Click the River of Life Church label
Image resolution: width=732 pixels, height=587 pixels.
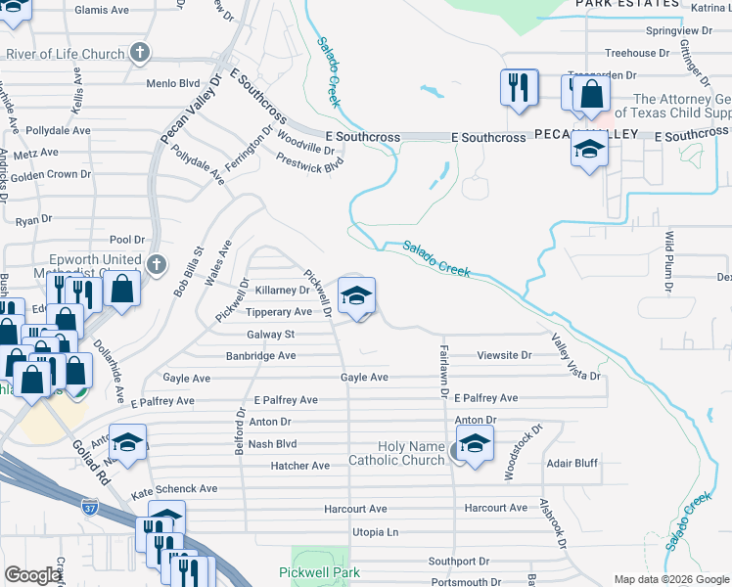(x=65, y=55)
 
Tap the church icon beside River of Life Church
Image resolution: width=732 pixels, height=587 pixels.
(x=140, y=53)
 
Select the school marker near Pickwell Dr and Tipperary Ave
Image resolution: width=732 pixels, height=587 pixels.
(x=356, y=295)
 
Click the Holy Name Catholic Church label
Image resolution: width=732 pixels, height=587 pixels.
(x=397, y=454)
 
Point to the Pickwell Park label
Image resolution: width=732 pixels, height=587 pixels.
(x=320, y=572)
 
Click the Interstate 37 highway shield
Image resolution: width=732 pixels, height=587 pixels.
(x=90, y=507)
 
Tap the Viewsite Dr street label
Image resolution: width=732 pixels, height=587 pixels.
(x=505, y=356)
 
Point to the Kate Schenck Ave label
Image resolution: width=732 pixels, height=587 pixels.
(x=174, y=488)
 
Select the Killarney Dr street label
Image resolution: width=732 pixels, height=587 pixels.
(x=282, y=291)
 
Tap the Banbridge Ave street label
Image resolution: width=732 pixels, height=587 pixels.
(x=260, y=356)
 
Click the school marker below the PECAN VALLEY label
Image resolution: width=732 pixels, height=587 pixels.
(x=589, y=151)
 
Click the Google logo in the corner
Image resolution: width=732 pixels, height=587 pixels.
(x=33, y=575)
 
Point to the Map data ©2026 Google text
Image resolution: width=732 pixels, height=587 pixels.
(x=670, y=579)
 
